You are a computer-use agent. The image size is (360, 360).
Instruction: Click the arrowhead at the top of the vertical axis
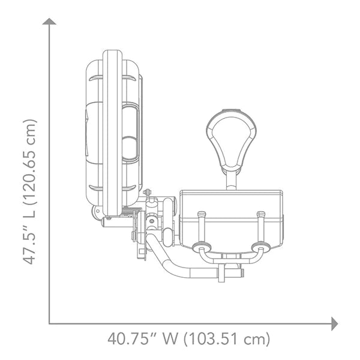pos(49,22)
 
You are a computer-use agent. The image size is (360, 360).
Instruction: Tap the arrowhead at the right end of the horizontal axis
pos(335,324)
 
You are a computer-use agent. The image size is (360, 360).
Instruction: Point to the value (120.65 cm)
pos(30,162)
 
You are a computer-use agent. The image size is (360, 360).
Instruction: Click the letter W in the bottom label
pos(170,339)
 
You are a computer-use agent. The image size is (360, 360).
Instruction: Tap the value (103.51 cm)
pos(227,339)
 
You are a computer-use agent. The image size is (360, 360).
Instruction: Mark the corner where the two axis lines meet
pos(49,323)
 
